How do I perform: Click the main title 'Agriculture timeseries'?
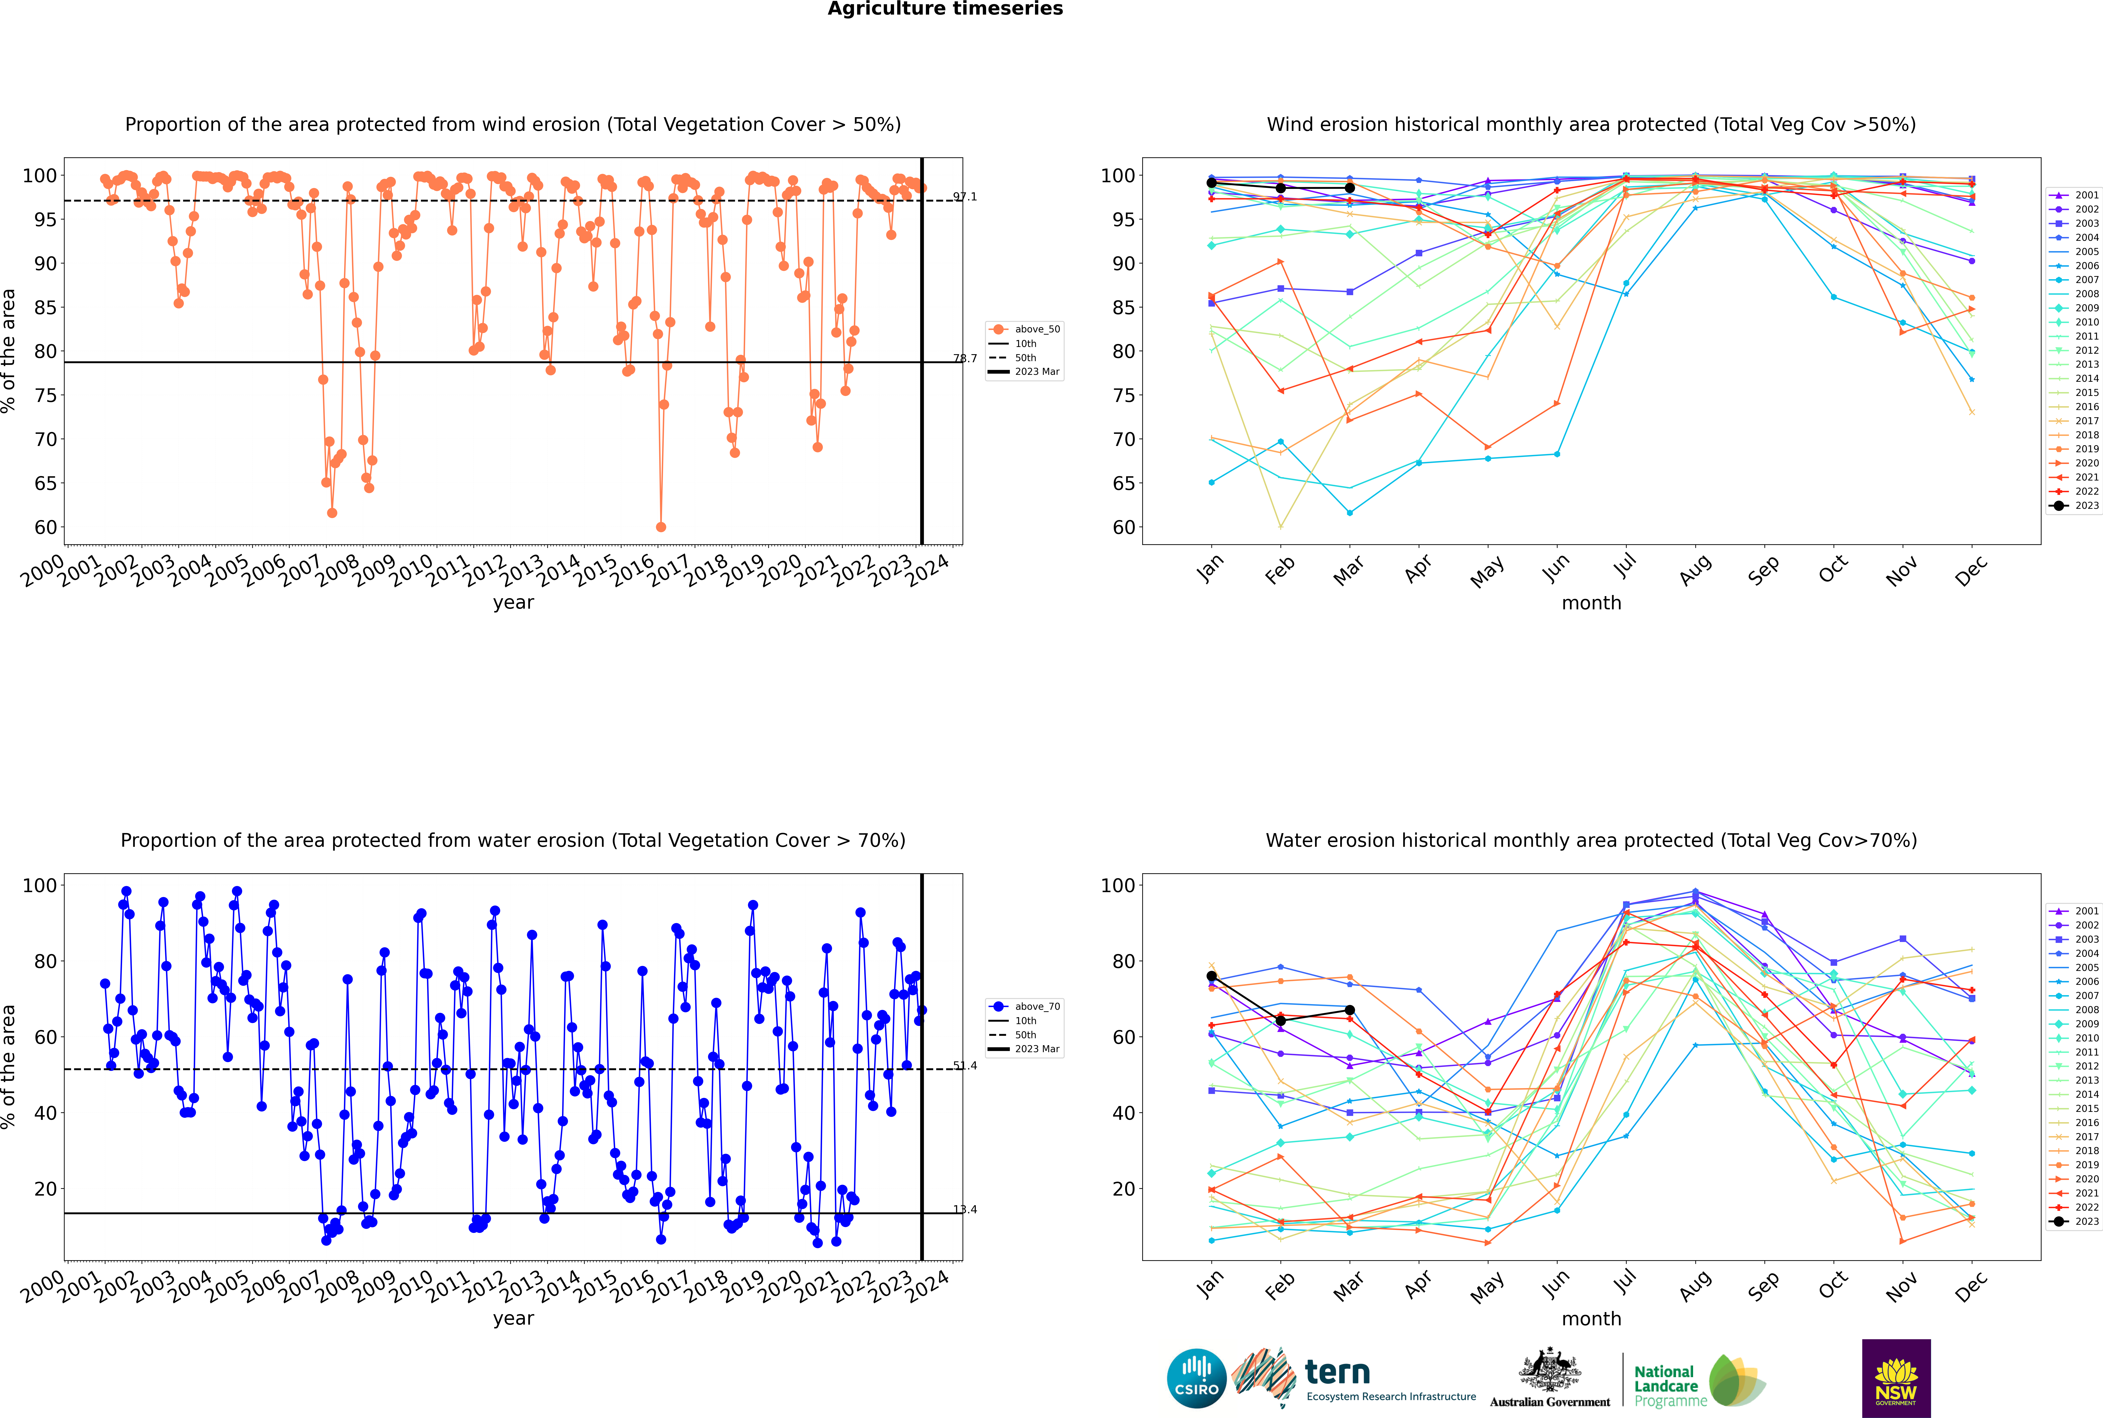pos(945,9)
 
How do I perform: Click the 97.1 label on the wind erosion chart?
pos(965,197)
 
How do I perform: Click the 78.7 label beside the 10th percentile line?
pos(965,359)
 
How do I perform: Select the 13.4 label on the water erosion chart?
pos(965,1210)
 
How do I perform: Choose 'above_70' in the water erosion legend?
pos(1037,1007)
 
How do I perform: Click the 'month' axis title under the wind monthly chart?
pos(1591,603)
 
